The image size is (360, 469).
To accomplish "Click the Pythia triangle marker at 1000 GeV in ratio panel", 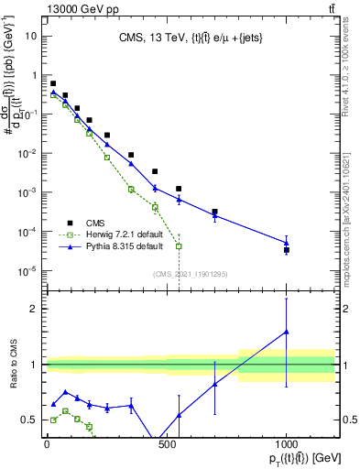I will click(287, 332).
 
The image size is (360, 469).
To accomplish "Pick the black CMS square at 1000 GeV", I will click(287, 249).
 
